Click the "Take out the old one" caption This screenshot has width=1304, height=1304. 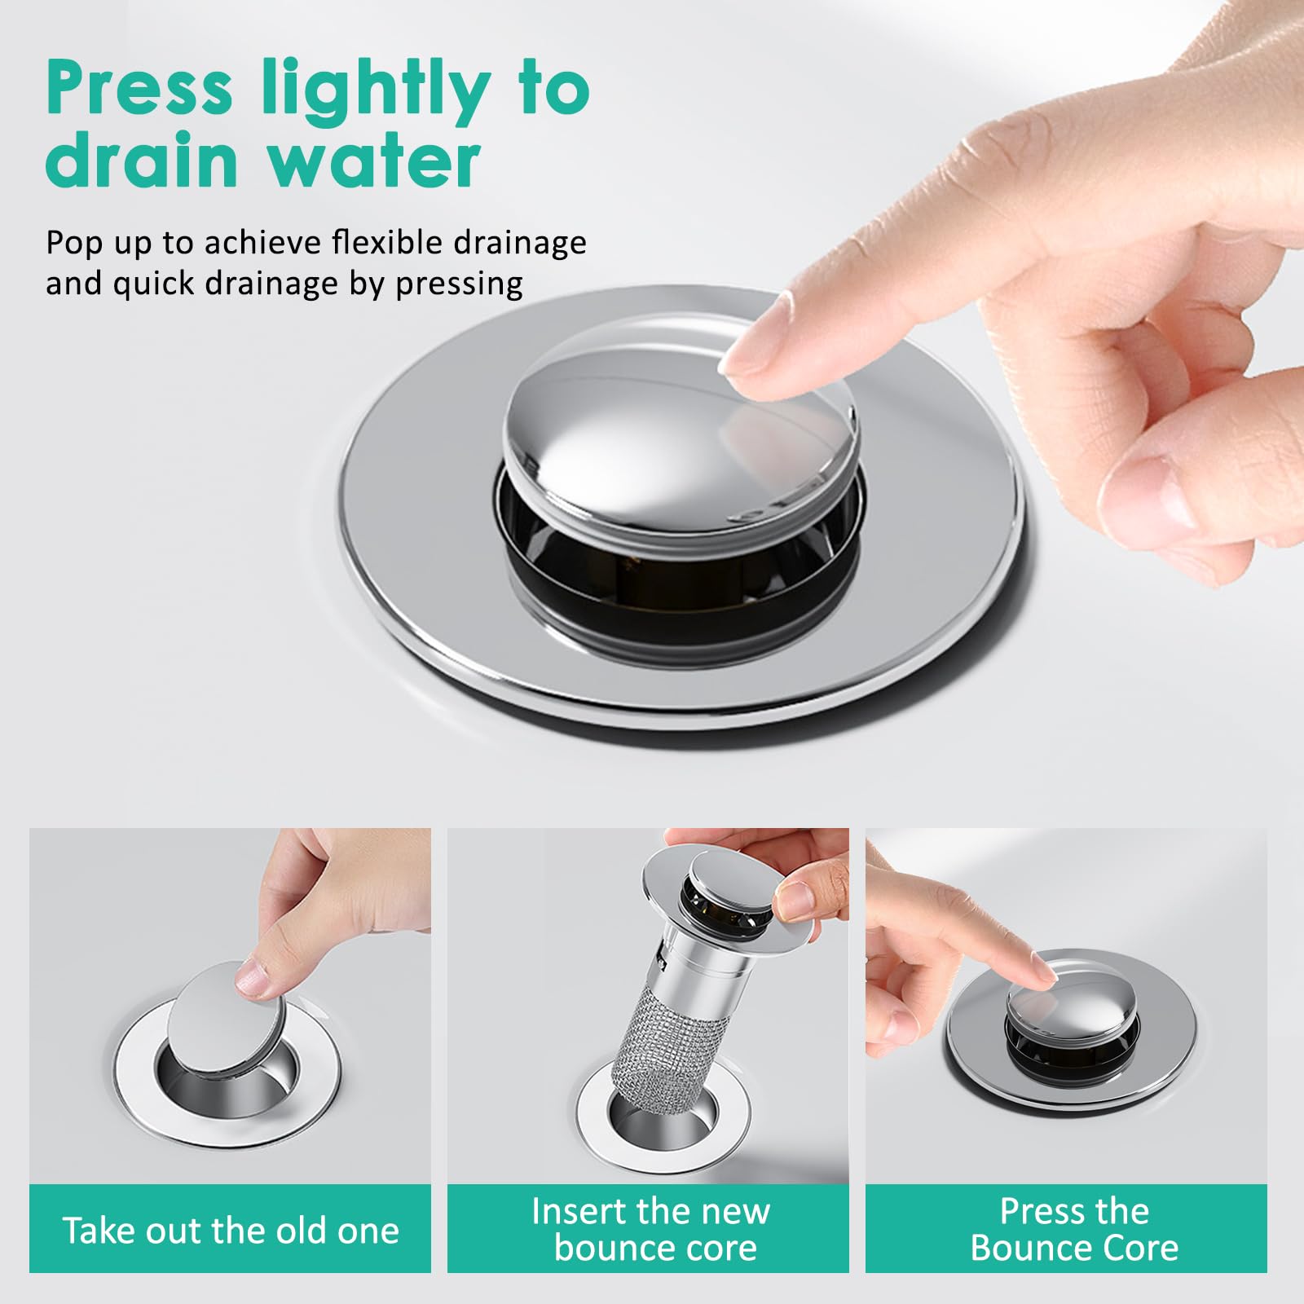(231, 1230)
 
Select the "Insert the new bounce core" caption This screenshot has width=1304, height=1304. (650, 1229)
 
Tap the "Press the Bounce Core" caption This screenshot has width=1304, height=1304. (1074, 1229)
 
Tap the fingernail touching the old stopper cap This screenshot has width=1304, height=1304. (251, 978)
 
